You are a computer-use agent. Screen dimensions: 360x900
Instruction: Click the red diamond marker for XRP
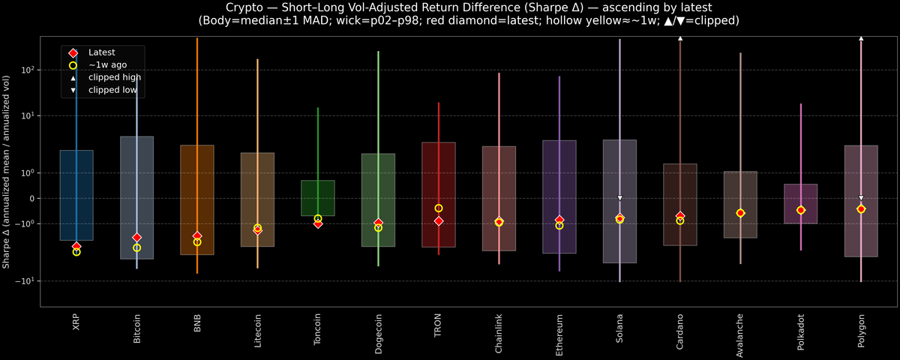pyautogui.click(x=76, y=247)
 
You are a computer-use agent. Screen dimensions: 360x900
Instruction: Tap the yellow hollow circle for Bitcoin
pyautogui.click(x=136, y=247)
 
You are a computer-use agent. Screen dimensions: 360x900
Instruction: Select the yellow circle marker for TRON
pyautogui.click(x=439, y=208)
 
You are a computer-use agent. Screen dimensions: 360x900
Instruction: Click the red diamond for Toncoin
pyautogui.click(x=318, y=223)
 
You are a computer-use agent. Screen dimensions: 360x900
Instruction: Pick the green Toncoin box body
pyautogui.click(x=318, y=198)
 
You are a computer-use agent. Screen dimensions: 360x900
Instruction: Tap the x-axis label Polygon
pyautogui.click(x=861, y=330)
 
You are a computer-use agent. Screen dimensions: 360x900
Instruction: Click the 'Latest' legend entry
pyautogui.click(x=100, y=52)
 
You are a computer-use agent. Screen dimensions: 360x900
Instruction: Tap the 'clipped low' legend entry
pyautogui.click(x=112, y=89)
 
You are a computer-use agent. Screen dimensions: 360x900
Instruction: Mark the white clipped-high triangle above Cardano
pyautogui.click(x=680, y=37)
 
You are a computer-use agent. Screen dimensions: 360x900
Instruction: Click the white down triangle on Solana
pyautogui.click(x=620, y=198)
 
